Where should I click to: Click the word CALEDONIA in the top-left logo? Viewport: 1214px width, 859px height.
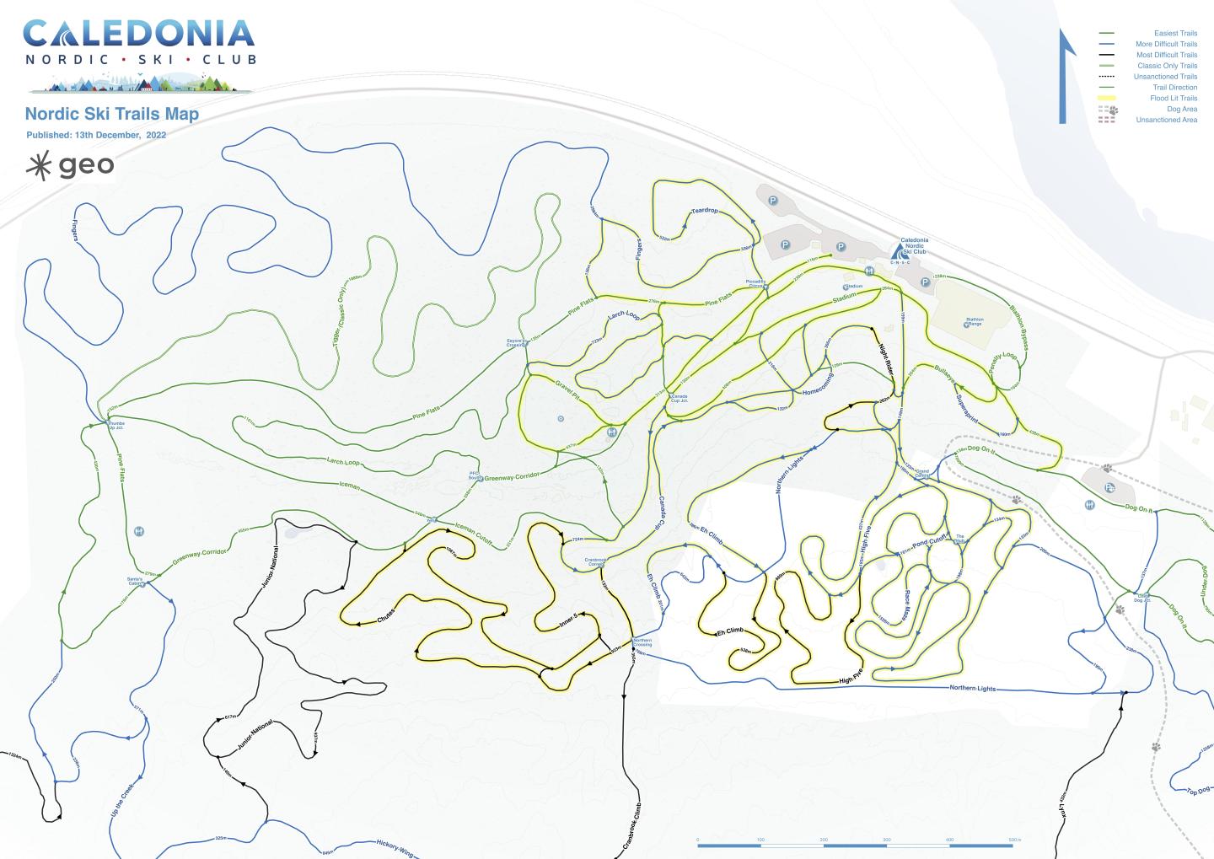point(139,34)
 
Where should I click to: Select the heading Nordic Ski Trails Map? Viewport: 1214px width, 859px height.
point(111,114)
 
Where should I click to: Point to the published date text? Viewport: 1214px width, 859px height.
point(96,135)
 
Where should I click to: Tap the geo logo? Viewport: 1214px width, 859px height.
point(71,165)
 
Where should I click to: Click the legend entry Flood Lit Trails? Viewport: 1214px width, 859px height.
point(1173,99)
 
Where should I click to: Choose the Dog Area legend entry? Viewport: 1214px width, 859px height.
point(1181,110)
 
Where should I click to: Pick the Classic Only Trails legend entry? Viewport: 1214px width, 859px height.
point(1167,66)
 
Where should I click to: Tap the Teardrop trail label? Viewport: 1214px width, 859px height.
point(704,211)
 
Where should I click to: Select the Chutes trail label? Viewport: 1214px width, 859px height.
point(385,616)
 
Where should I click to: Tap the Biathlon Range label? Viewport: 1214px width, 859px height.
point(974,322)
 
